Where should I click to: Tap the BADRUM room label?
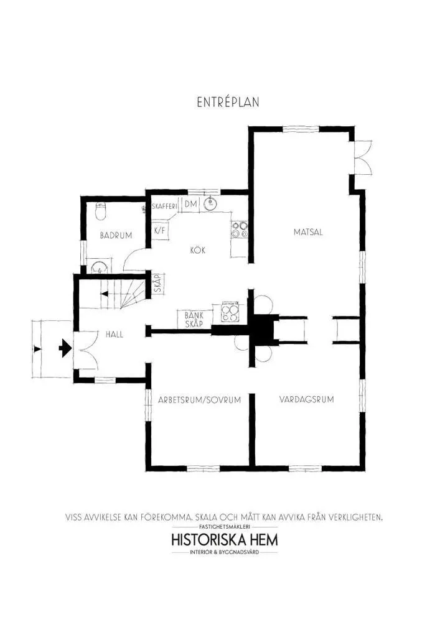click(116, 235)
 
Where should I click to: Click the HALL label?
click(114, 334)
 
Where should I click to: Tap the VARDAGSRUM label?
click(306, 399)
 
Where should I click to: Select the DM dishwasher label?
click(190, 205)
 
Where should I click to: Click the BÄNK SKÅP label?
click(195, 318)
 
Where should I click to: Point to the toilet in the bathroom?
click(100, 213)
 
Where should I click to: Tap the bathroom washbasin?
click(98, 268)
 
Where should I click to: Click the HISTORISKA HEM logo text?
click(224, 539)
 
